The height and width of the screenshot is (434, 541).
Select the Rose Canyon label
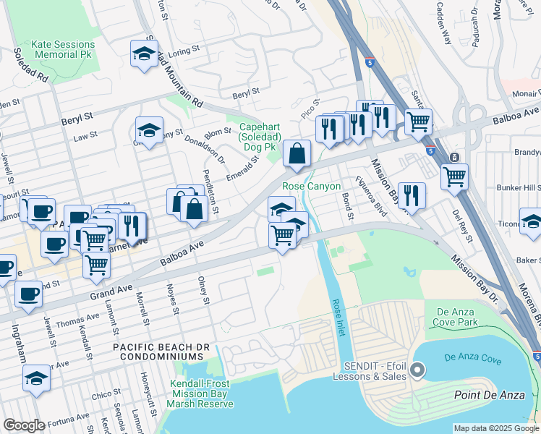pyautogui.click(x=311, y=186)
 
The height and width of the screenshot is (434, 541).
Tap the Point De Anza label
pyautogui.click(x=489, y=394)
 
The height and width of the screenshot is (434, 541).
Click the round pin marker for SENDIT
pyautogui.click(x=417, y=371)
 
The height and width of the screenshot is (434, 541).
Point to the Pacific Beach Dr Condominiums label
pyautogui.click(x=161, y=352)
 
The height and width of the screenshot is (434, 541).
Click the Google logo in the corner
pyautogui.click(x=24, y=425)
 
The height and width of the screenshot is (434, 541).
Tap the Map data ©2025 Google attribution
pyautogui.click(x=495, y=428)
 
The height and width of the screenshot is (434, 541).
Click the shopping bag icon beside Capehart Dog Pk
pyautogui.click(x=297, y=153)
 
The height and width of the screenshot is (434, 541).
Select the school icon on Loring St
pyautogui.click(x=145, y=54)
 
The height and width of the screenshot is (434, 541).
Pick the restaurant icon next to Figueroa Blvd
pyautogui.click(x=411, y=194)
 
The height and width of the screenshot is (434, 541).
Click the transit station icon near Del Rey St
pyautogui.click(x=454, y=157)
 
